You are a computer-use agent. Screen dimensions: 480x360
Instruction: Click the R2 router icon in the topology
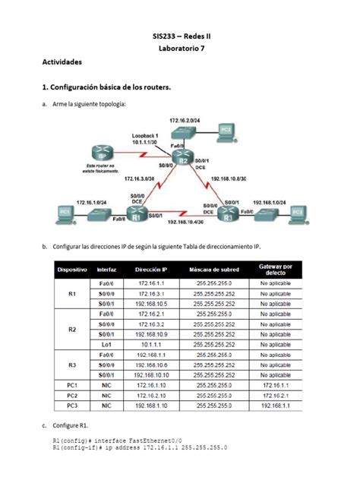click(x=181, y=159)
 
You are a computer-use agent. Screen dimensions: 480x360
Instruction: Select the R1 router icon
click(x=137, y=216)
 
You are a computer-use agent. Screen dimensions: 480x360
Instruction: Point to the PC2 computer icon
click(x=226, y=131)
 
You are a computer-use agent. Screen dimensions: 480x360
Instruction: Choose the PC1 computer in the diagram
click(x=65, y=211)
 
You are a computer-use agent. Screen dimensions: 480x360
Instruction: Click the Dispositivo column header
click(x=74, y=269)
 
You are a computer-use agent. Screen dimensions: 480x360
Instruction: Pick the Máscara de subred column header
click(x=214, y=269)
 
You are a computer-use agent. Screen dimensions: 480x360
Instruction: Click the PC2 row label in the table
click(x=73, y=395)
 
